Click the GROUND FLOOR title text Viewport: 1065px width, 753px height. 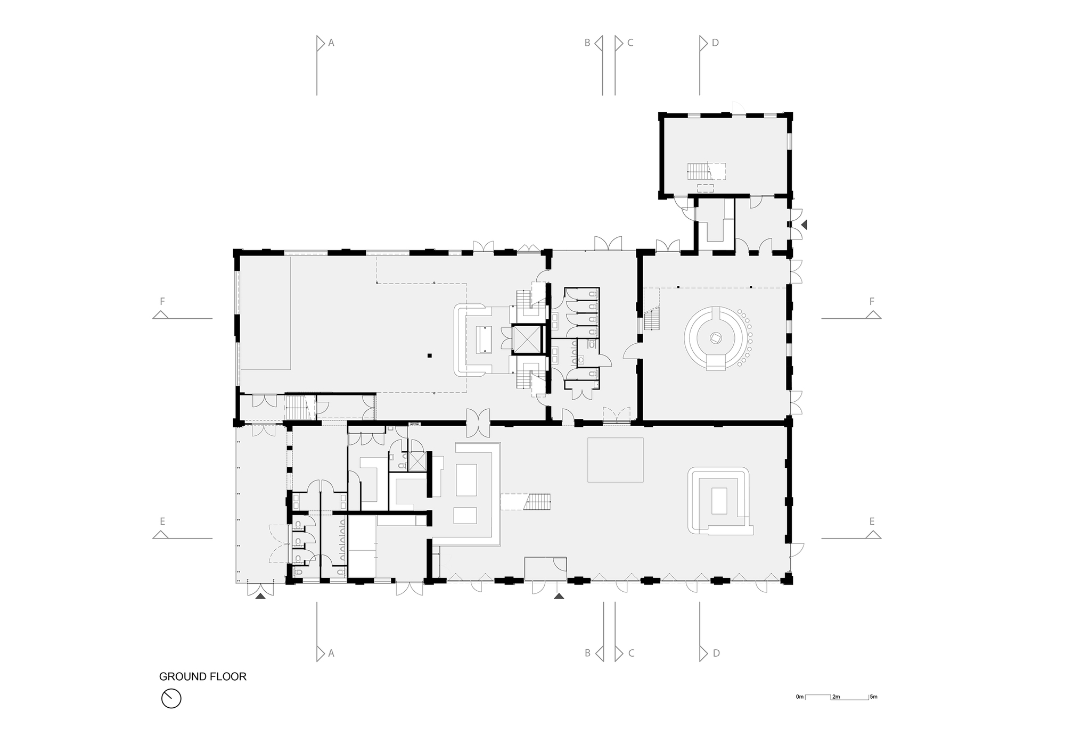[202, 677]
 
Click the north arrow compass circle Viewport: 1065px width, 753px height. [171, 698]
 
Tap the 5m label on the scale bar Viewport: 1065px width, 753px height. [873, 697]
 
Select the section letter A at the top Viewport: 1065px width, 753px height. [331, 43]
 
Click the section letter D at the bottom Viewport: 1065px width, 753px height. [716, 653]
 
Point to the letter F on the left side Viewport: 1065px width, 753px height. [162, 302]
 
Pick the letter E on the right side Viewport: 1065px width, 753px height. [872, 522]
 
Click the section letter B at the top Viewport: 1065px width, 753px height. [587, 43]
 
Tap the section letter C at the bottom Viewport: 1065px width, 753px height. [631, 653]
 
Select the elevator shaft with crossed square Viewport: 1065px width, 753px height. [526, 339]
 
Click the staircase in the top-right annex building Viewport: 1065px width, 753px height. [698, 171]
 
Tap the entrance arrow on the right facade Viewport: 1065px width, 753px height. [804, 225]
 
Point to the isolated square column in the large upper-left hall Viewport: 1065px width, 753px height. [429, 355]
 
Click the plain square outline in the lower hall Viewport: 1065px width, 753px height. [615, 460]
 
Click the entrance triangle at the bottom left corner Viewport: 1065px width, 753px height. [260, 597]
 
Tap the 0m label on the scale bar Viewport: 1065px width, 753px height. [799, 697]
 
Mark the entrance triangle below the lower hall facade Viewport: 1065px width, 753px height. [559, 597]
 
